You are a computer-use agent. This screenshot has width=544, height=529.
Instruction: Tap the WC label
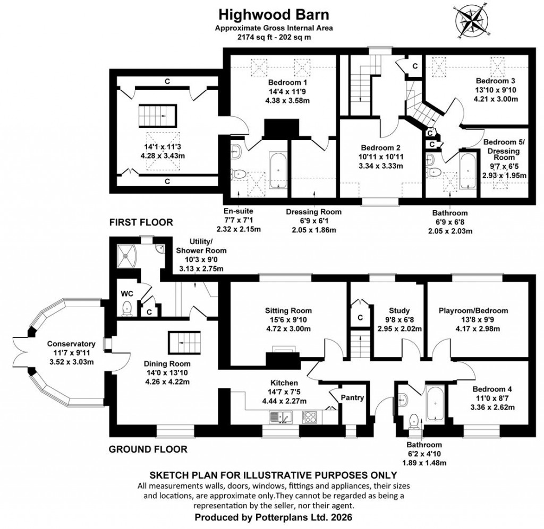click(126, 293)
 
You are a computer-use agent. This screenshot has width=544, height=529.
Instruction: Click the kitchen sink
click(276, 418)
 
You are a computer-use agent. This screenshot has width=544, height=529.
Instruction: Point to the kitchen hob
click(312, 418)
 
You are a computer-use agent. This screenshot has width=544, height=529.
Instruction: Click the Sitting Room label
click(288, 310)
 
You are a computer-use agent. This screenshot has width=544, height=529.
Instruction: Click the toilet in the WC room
click(127, 308)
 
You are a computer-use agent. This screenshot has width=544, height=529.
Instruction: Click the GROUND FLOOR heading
click(148, 449)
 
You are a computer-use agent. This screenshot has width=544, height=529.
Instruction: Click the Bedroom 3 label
click(495, 81)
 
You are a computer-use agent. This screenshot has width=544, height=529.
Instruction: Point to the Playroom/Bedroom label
click(473, 310)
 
